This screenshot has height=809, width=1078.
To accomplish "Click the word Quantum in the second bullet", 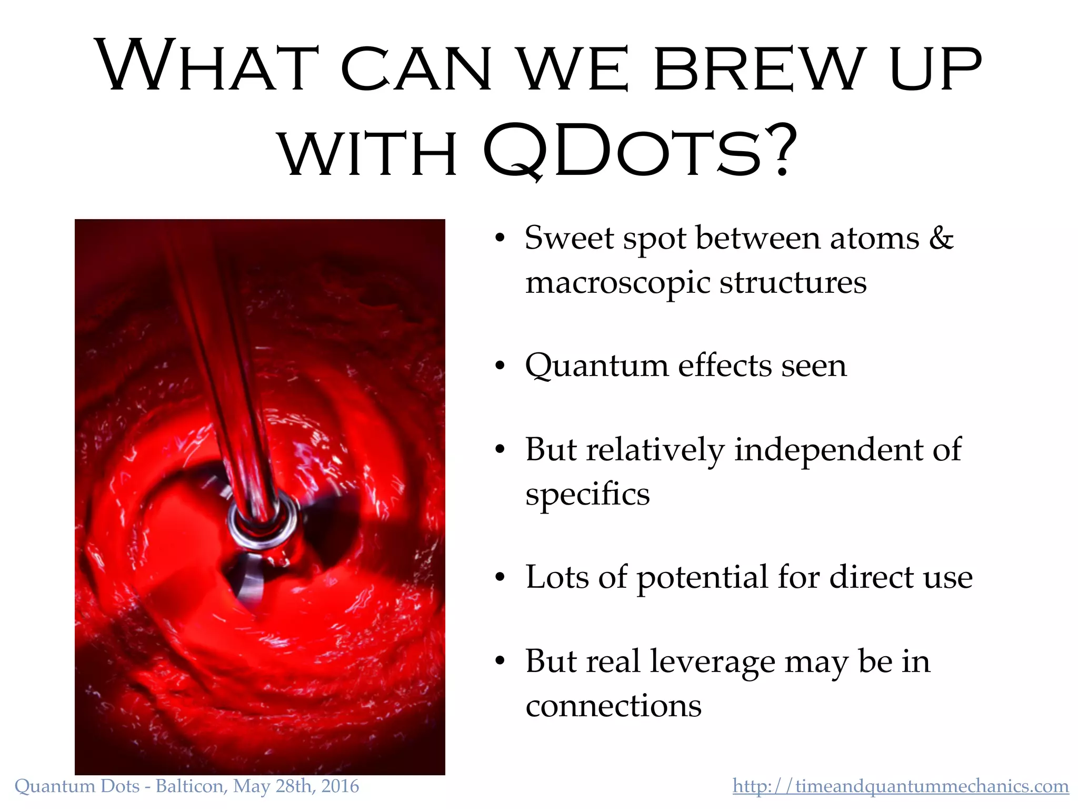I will click(x=596, y=366).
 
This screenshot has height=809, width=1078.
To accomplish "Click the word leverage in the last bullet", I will click(x=712, y=662).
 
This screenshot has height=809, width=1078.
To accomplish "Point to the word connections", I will click(x=613, y=706).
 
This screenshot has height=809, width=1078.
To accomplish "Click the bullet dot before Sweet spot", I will click(x=500, y=239).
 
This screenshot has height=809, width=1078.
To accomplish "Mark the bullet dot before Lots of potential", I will click(x=500, y=578).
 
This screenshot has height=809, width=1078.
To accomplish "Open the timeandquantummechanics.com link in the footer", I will click(x=901, y=786).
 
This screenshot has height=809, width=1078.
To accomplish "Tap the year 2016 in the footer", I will click(x=340, y=786).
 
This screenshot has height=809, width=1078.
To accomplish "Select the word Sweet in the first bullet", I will click(x=569, y=238).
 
